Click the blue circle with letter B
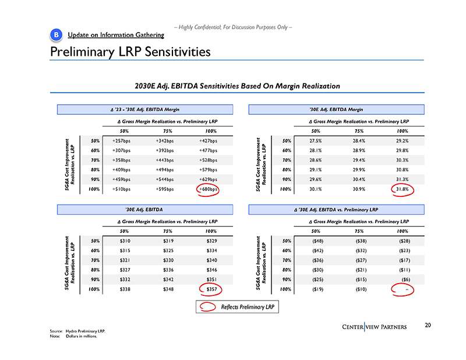click(x=55, y=36)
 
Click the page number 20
click(x=428, y=325)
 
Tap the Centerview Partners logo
click(x=375, y=329)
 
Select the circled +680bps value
click(x=208, y=189)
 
